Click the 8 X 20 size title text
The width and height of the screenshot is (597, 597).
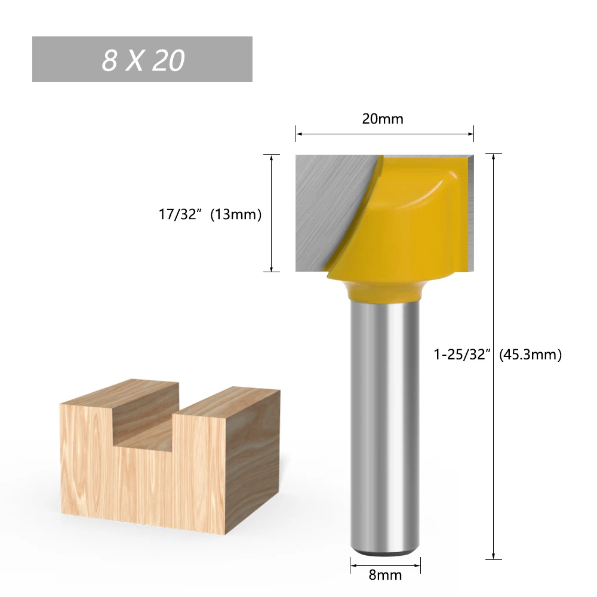tap(143, 60)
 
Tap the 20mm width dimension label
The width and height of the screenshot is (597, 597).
tap(383, 119)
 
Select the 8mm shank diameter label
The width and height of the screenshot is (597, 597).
tap(385, 575)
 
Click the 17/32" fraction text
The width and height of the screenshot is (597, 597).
tap(180, 214)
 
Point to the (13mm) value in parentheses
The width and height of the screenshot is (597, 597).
tap(236, 214)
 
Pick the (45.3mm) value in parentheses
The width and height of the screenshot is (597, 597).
tap(530, 355)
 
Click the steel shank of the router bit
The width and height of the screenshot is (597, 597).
tap(385, 424)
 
